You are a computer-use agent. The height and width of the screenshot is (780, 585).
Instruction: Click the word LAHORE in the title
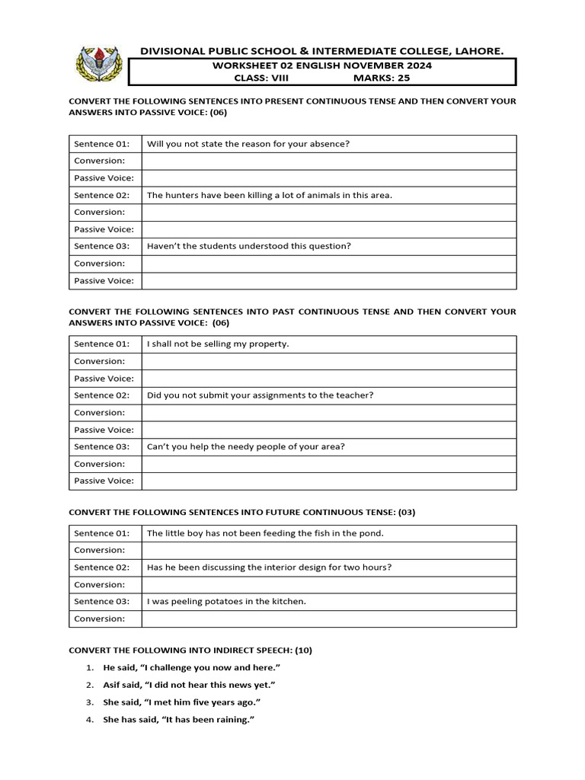(x=478, y=51)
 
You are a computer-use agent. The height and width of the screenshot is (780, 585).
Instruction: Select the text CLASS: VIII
(x=258, y=78)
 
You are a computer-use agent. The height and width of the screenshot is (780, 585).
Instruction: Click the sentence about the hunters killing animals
(x=269, y=195)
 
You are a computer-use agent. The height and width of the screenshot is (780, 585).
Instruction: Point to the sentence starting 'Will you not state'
(x=248, y=143)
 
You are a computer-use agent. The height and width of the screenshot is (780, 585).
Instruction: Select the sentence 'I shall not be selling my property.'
(x=218, y=344)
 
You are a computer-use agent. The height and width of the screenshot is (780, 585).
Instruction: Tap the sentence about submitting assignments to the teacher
(x=260, y=395)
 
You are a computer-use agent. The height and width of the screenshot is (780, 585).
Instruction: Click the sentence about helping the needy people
(x=245, y=446)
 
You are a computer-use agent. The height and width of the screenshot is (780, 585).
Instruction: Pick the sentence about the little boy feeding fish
(x=265, y=533)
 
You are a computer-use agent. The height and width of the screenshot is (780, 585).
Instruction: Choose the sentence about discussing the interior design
(x=270, y=567)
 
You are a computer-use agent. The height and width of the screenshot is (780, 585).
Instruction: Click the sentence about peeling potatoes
(x=226, y=601)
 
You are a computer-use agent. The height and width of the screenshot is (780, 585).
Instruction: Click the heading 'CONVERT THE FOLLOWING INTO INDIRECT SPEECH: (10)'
(x=190, y=651)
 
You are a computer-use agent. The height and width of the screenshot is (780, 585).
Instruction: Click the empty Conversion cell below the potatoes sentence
(x=328, y=619)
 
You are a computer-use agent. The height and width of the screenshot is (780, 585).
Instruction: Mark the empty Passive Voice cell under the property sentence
(x=328, y=379)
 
